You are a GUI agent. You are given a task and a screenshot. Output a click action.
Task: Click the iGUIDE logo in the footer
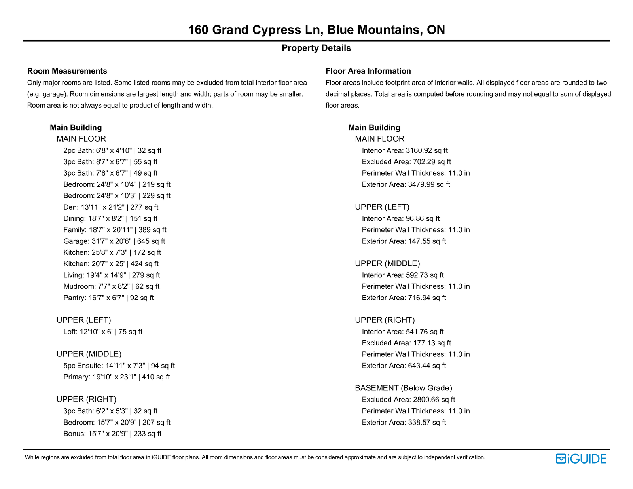(x=581, y=459)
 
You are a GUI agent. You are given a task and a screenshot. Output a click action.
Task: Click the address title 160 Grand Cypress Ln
(x=316, y=30)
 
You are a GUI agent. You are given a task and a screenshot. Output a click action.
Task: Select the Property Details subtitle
(x=316, y=48)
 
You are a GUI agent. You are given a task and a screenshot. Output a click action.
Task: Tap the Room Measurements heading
(x=67, y=71)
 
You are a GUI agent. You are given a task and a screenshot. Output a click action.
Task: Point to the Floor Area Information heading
(x=368, y=71)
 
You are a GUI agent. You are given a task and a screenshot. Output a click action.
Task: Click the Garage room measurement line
(x=114, y=241)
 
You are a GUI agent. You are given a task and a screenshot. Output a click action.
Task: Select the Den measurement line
(x=111, y=207)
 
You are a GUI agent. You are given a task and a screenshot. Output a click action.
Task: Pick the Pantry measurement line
(x=108, y=298)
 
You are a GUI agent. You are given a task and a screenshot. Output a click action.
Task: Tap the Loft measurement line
(x=103, y=332)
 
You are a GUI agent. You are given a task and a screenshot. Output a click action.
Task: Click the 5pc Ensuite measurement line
(x=119, y=366)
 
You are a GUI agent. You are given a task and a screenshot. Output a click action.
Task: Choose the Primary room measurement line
(x=116, y=377)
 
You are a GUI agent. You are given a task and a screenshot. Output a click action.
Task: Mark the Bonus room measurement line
(x=112, y=434)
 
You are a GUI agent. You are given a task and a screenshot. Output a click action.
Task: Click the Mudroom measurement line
(x=111, y=286)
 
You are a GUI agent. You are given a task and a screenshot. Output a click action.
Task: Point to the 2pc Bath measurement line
(x=112, y=151)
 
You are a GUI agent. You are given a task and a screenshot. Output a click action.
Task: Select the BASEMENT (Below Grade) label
(x=404, y=388)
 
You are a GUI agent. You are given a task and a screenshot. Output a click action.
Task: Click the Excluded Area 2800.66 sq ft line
(x=408, y=400)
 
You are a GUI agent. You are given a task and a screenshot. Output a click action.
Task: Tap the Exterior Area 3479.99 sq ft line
(x=406, y=185)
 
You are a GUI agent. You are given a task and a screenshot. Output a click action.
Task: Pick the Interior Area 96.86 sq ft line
(x=401, y=219)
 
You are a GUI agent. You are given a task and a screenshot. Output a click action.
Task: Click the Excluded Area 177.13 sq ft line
(x=406, y=343)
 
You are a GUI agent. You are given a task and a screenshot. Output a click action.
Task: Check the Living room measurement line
(x=112, y=275)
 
